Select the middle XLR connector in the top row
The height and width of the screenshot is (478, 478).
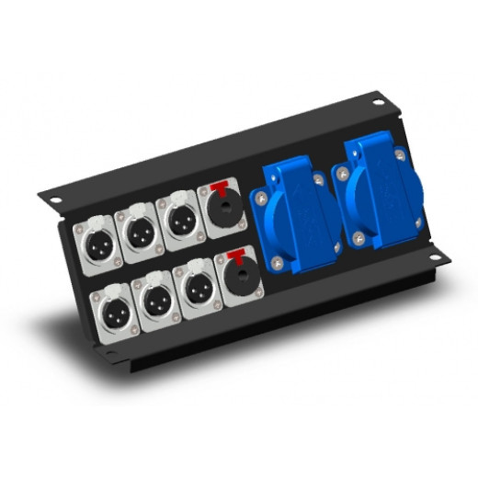[140, 234]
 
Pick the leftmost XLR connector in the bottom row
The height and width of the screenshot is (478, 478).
[115, 311]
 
